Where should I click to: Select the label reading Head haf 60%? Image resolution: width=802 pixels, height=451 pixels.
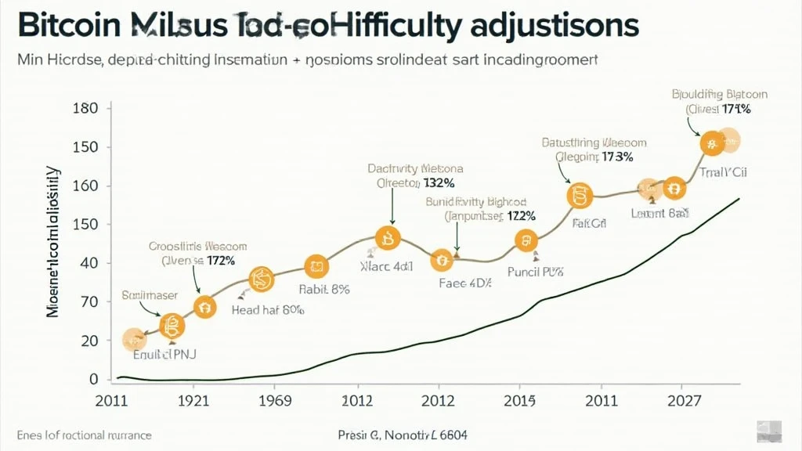point(268,310)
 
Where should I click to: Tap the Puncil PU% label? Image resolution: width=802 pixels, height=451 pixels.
point(536,272)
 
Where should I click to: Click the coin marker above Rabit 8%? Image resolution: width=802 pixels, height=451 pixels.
point(316,267)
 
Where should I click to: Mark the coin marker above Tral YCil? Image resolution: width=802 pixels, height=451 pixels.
point(712,143)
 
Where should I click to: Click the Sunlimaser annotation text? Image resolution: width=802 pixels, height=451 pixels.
point(150,295)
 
